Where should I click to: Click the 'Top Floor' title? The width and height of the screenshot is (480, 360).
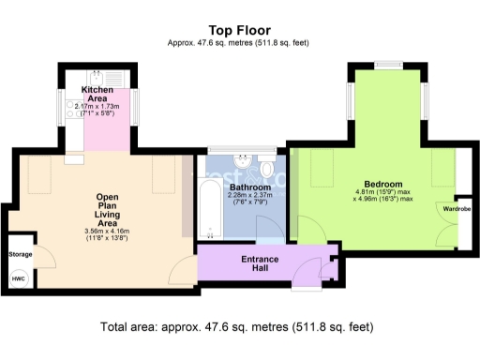tap(239, 30)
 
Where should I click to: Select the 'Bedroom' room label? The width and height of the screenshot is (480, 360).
tap(382, 184)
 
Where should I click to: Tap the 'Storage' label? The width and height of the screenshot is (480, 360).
tap(20, 254)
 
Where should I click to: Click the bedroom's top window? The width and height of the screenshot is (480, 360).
tap(386, 65)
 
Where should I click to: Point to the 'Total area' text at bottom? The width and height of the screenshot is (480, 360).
tap(236, 327)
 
